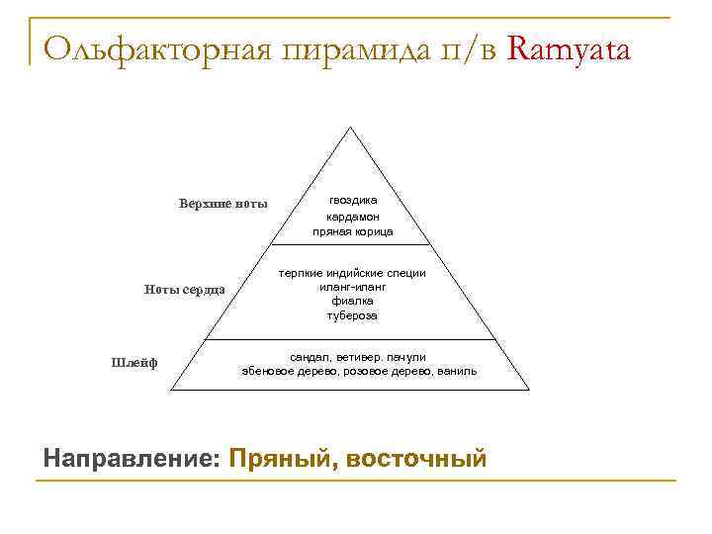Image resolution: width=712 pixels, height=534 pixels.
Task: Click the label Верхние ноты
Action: tap(223, 204)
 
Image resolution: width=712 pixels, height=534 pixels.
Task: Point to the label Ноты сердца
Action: tap(185, 289)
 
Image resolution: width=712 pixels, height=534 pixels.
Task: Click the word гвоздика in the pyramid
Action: tap(353, 200)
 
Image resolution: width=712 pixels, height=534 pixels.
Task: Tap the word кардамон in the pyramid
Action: tap(353, 216)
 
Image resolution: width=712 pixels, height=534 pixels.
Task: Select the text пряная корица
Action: tap(353, 231)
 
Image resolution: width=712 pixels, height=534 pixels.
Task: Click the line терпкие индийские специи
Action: tap(352, 273)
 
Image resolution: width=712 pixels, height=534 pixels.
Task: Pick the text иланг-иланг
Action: tap(352, 287)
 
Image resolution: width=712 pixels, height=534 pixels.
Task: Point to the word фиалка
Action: tap(352, 301)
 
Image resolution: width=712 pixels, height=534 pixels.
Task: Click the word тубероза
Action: tap(352, 315)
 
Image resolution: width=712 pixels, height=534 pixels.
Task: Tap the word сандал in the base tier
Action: tap(308, 356)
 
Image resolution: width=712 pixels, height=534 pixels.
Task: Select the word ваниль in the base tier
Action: tap(458, 371)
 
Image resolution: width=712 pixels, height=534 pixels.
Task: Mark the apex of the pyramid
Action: tap(349, 128)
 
